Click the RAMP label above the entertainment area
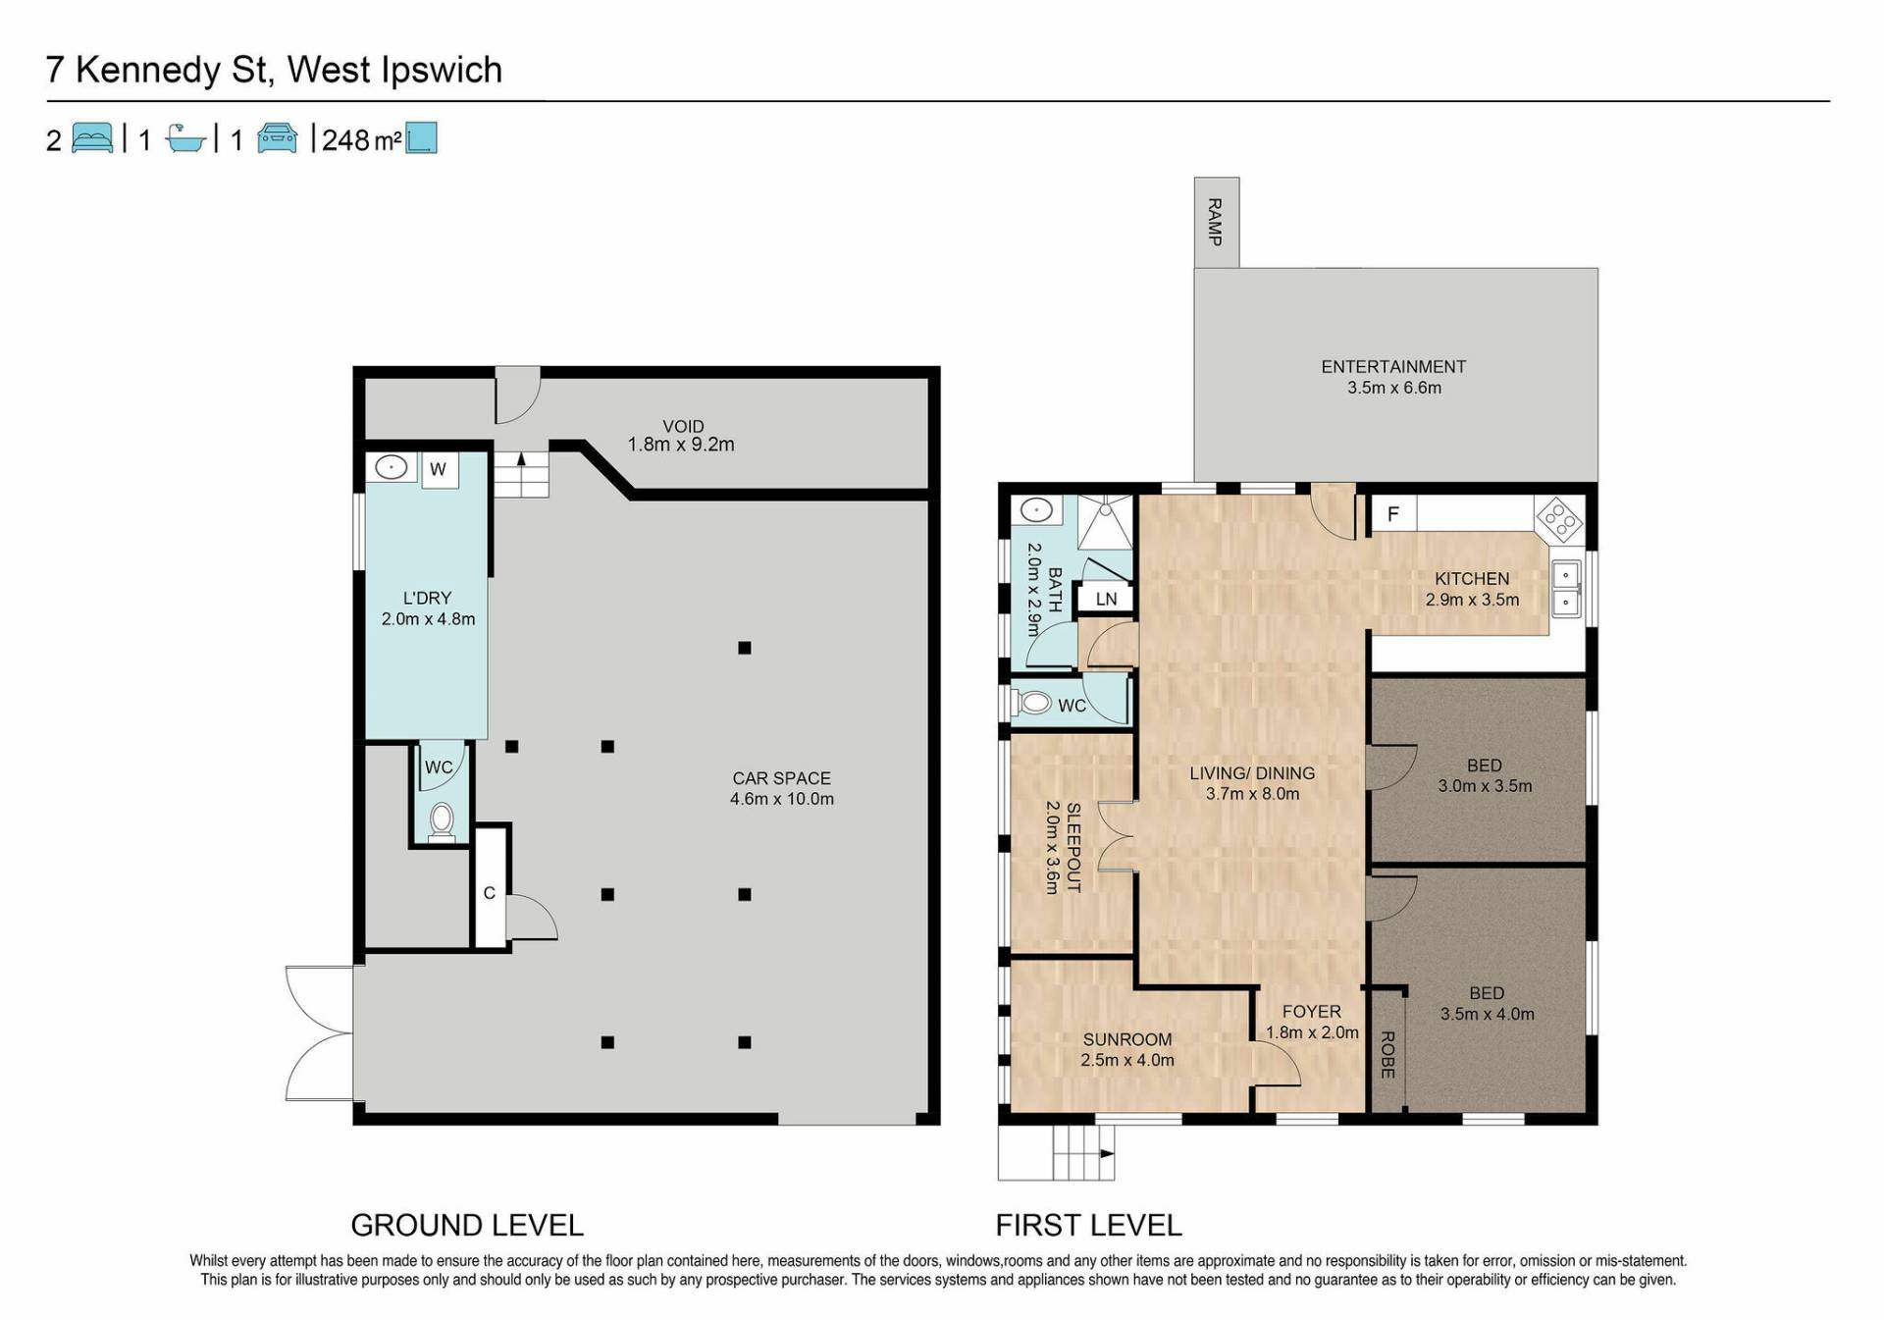tap(1215, 222)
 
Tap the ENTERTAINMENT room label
tap(1393, 367)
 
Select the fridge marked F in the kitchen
tap(1393, 513)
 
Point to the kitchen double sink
tap(1566, 587)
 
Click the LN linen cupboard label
tap(1106, 599)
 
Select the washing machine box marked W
tap(439, 469)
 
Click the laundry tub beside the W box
tap(392, 467)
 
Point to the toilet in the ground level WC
tap(442, 821)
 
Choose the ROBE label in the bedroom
tap(1387, 1055)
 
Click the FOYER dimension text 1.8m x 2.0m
tap(1312, 1032)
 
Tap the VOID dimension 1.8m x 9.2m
tap(681, 445)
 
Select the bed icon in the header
tap(92, 138)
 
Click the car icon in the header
tap(278, 138)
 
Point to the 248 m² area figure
tap(361, 140)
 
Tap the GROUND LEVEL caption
tap(467, 1225)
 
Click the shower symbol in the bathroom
tap(1106, 521)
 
